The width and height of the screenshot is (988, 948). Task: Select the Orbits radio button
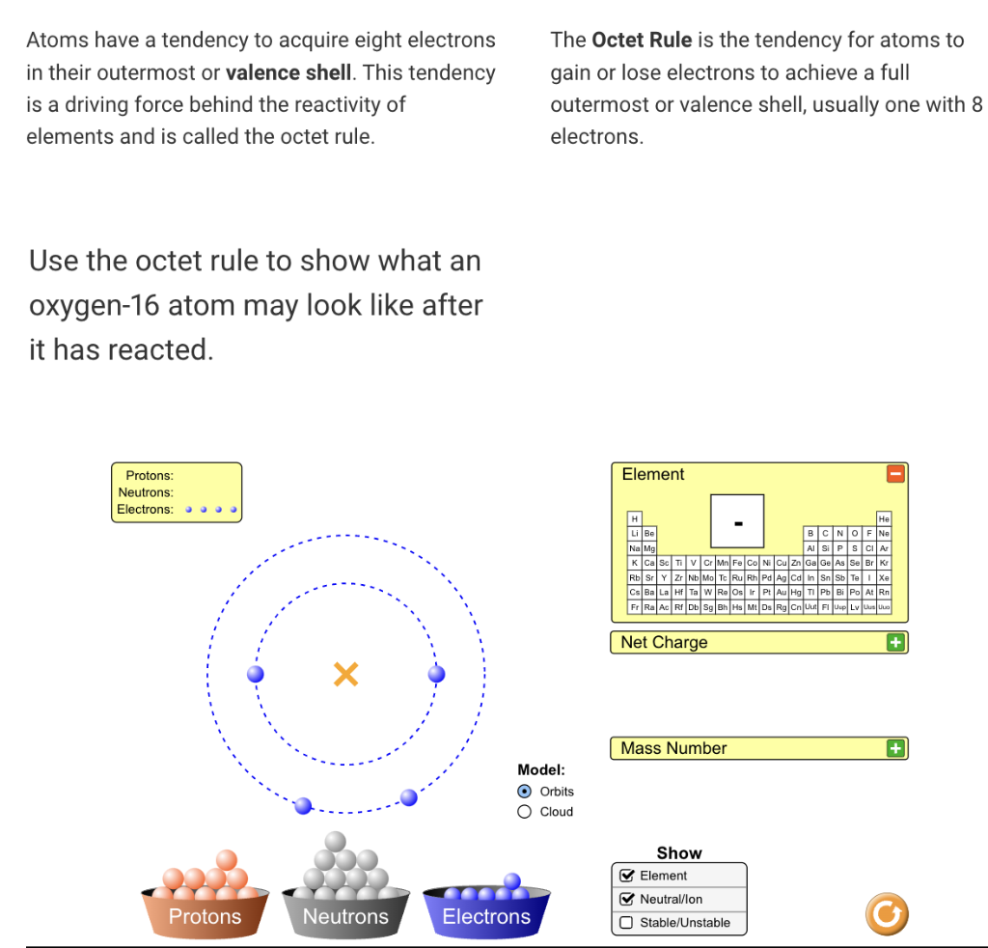[x=525, y=791]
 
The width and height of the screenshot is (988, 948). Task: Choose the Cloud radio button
[x=525, y=812]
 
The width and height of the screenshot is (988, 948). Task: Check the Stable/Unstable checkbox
[x=626, y=923]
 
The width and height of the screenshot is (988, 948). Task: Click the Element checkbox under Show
[x=626, y=876]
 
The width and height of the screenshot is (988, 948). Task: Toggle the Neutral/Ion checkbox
[x=626, y=899]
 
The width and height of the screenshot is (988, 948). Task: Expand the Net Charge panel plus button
[x=896, y=643]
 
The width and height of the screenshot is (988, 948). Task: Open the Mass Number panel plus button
[x=896, y=748]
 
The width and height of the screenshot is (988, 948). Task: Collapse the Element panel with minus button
[x=896, y=474]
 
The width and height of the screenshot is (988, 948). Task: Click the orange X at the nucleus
[x=345, y=674]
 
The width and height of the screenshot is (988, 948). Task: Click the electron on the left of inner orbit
[x=256, y=674]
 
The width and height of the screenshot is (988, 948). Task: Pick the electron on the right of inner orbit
[x=437, y=673]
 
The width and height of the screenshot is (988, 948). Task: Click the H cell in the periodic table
[x=634, y=519]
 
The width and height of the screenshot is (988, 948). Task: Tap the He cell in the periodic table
[x=884, y=519]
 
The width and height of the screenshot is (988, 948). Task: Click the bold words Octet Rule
[x=641, y=41]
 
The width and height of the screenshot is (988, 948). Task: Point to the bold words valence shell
[x=288, y=72]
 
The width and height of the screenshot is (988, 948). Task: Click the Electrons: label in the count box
[x=146, y=510]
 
